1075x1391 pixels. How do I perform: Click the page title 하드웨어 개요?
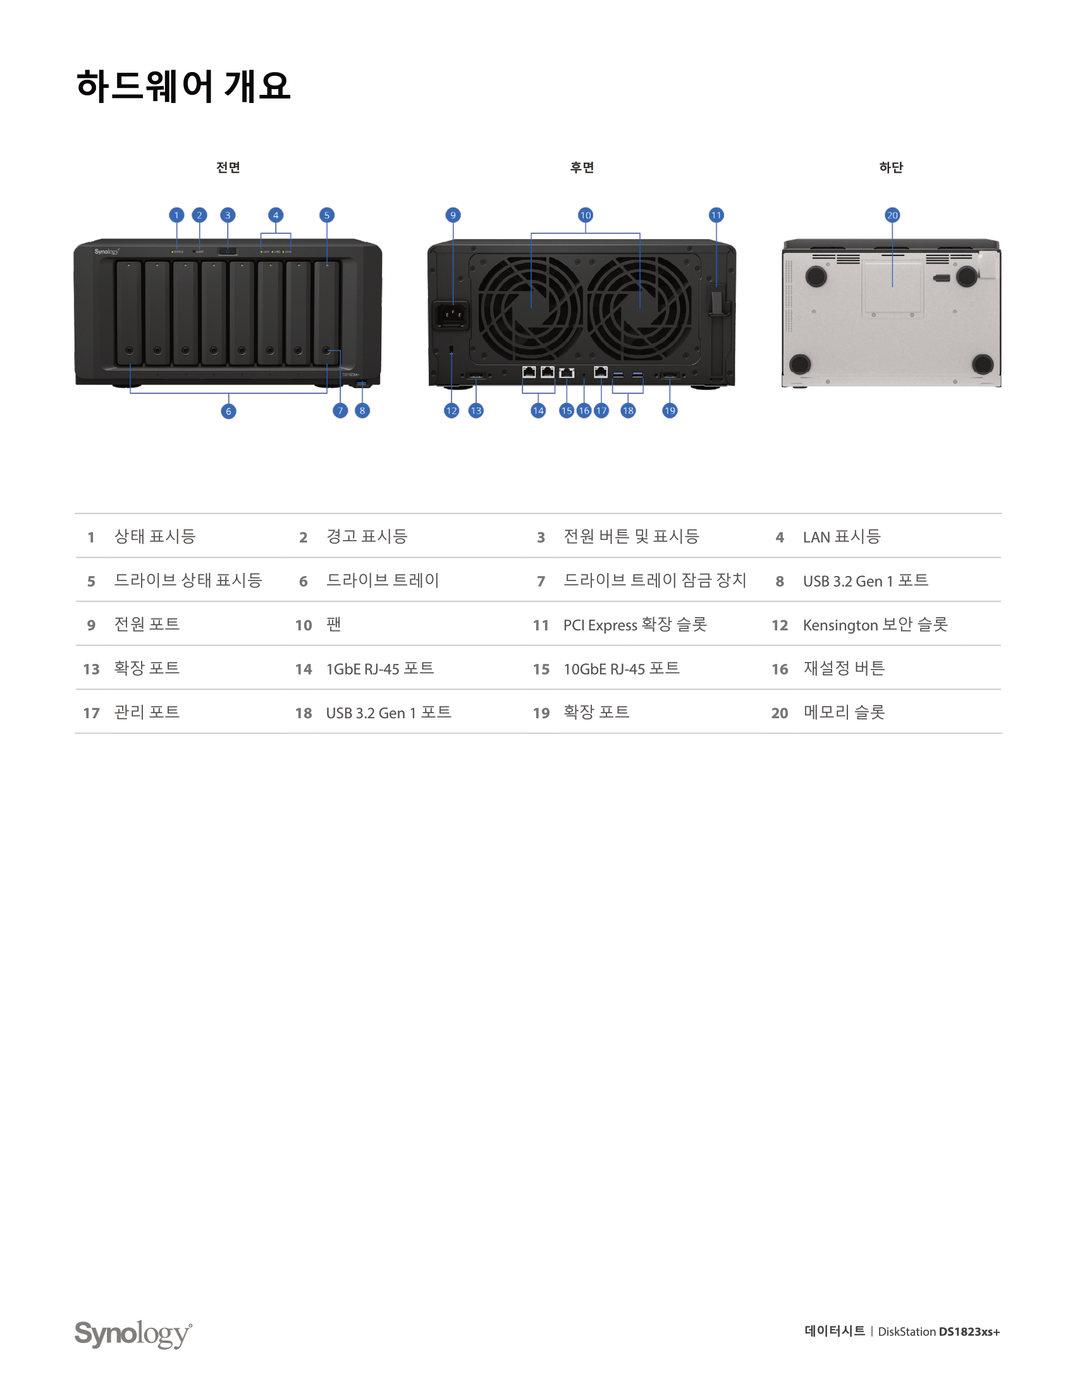pyautogui.click(x=183, y=86)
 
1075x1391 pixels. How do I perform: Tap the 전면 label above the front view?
pyautogui.click(x=228, y=168)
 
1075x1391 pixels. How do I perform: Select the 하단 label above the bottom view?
pyautogui.click(x=891, y=168)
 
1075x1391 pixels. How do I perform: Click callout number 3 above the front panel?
pyautogui.click(x=228, y=215)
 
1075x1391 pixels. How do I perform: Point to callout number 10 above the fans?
pyautogui.click(x=586, y=215)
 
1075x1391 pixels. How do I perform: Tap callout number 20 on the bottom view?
pyautogui.click(x=892, y=215)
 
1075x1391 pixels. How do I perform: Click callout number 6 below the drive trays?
pyautogui.click(x=228, y=412)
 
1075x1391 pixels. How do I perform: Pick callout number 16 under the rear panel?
pyautogui.click(x=584, y=411)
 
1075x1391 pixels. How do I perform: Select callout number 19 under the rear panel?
pyautogui.click(x=669, y=411)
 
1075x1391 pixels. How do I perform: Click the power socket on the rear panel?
pyautogui.click(x=451, y=315)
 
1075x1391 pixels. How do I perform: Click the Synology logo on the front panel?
pyautogui.click(x=107, y=252)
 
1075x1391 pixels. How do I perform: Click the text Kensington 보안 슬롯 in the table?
pyautogui.click(x=875, y=625)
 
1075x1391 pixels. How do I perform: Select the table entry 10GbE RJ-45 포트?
pyautogui.click(x=621, y=669)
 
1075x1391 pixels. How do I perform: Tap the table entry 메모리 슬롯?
pyautogui.click(x=844, y=713)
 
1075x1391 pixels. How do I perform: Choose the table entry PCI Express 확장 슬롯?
pyautogui.click(x=635, y=625)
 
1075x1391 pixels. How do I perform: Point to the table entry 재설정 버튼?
pyautogui.click(x=844, y=669)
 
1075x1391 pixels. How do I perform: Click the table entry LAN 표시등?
pyautogui.click(x=841, y=537)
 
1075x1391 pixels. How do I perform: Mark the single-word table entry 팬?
pyautogui.click(x=334, y=625)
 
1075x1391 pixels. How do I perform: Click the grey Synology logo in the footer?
pyautogui.click(x=133, y=1333)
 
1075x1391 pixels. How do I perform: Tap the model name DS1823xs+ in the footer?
pyautogui.click(x=969, y=1332)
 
